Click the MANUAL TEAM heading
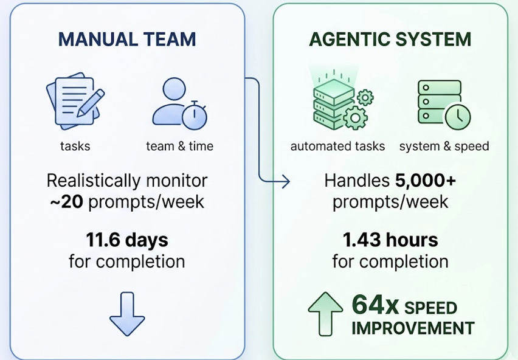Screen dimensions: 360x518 click(127, 40)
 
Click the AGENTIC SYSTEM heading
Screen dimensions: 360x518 click(390, 40)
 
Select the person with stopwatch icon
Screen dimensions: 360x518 click(179, 106)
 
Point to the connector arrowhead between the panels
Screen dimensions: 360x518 click(285, 181)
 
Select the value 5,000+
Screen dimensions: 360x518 click(425, 181)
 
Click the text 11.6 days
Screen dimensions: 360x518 click(126, 240)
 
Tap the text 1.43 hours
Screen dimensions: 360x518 click(390, 240)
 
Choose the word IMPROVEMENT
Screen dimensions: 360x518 click(413, 328)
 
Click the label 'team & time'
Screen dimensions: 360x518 click(179, 147)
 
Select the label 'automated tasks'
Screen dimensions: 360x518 click(337, 147)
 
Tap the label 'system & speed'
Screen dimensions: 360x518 click(444, 147)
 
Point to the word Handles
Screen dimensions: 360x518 click(357, 181)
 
